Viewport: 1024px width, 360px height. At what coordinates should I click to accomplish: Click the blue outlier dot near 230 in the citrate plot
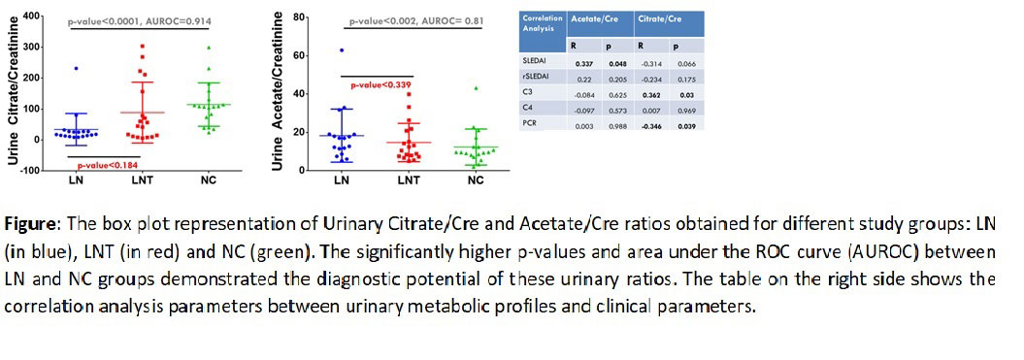[76, 68]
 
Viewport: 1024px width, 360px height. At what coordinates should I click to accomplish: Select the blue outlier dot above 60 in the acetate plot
[342, 50]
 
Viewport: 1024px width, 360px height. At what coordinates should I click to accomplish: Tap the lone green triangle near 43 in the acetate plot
[476, 88]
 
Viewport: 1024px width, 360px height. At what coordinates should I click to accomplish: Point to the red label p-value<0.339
[376, 85]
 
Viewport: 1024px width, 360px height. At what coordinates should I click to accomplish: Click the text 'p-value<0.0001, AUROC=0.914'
[140, 21]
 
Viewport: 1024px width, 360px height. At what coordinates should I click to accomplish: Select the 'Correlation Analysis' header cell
[539, 23]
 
